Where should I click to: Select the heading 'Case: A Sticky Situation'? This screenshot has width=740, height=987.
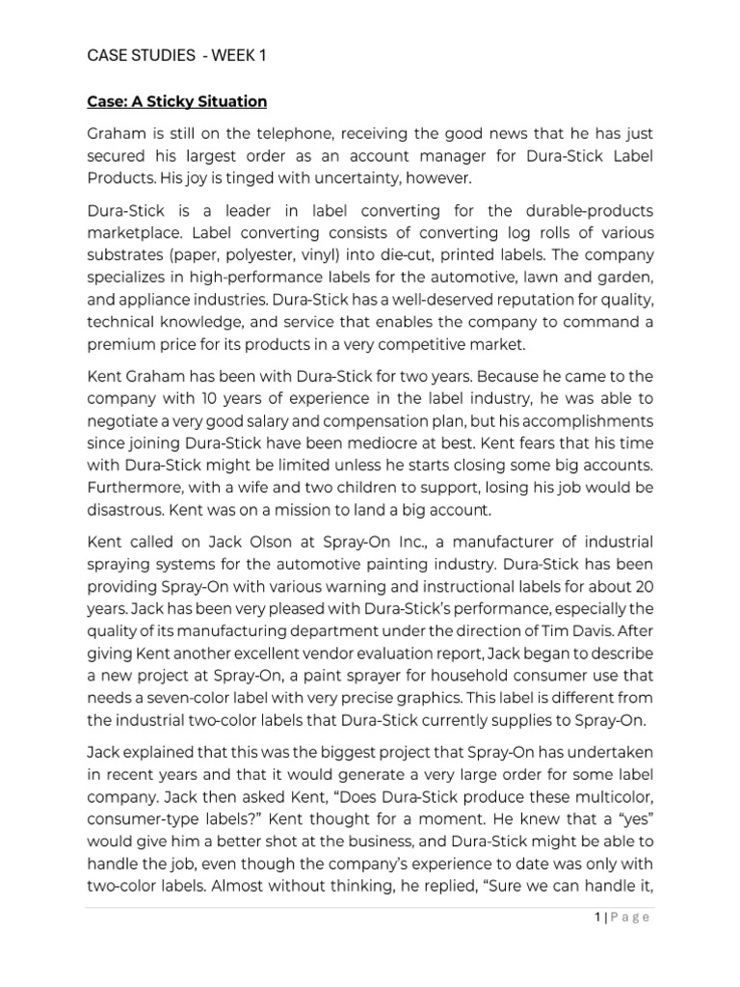176,101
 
